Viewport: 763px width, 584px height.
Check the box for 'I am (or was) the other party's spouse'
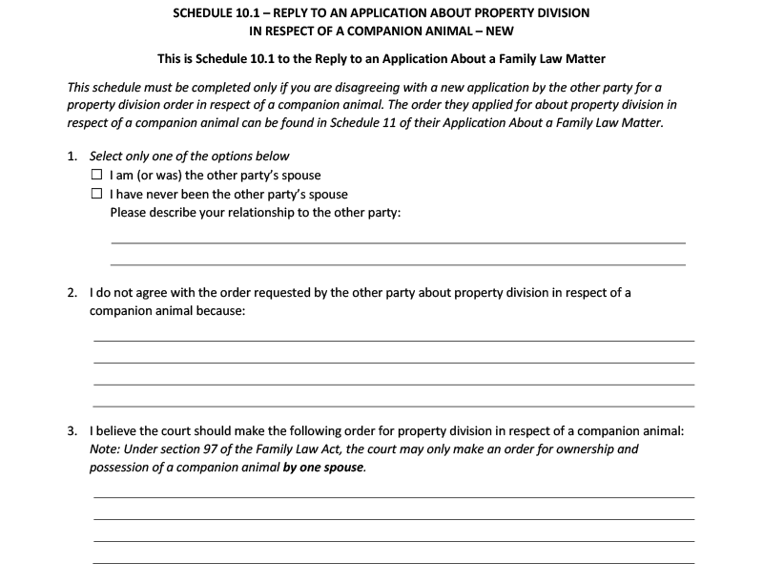pyautogui.click(x=96, y=175)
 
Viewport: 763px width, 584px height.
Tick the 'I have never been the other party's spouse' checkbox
pyautogui.click(x=96, y=194)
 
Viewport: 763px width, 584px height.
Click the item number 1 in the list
pyautogui.click(x=72, y=156)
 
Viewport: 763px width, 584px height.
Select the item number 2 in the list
pyautogui.click(x=72, y=293)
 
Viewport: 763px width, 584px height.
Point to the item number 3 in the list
pyautogui.click(x=72, y=430)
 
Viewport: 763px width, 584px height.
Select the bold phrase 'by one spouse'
pyautogui.click(x=323, y=468)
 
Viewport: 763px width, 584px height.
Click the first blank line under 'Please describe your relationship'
pyautogui.click(x=398, y=243)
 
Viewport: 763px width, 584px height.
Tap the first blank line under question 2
pyautogui.click(x=393, y=341)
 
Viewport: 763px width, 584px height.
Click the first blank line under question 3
pyautogui.click(x=393, y=497)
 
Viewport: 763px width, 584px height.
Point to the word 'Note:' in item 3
pyautogui.click(x=106, y=448)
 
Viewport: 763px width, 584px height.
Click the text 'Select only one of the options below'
pyautogui.click(x=190, y=156)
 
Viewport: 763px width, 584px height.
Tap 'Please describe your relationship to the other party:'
pyautogui.click(x=256, y=212)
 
